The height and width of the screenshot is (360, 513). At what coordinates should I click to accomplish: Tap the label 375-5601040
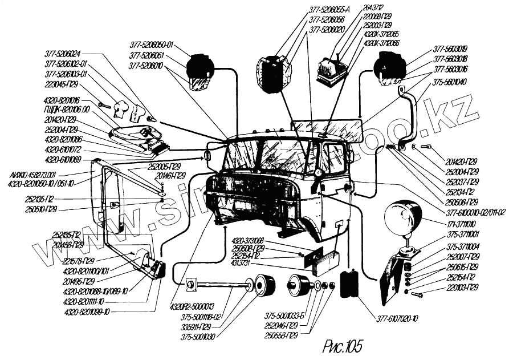tap(450, 82)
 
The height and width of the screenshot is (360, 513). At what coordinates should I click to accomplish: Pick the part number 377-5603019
tap(450, 48)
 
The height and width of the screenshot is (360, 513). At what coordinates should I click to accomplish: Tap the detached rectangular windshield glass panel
tap(327, 130)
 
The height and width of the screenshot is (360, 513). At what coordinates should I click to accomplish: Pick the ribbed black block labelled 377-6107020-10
tap(350, 284)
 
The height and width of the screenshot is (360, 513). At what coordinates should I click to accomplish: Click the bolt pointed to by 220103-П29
tap(416, 294)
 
